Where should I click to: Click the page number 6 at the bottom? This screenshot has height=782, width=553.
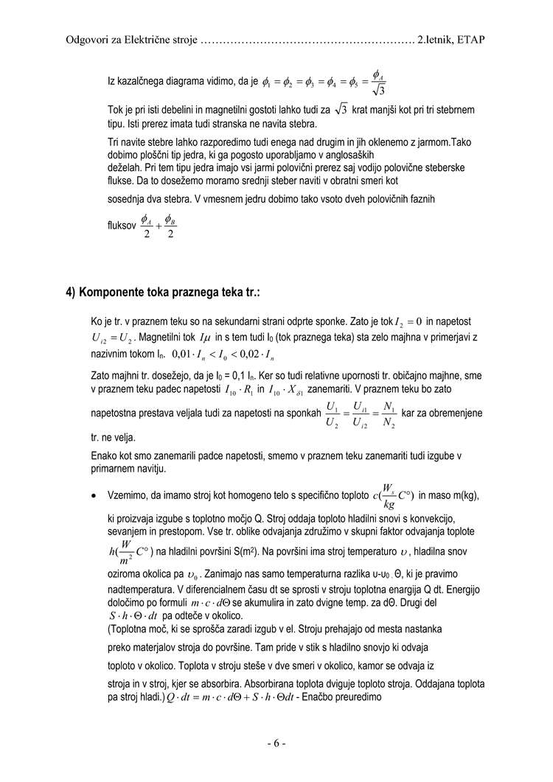point(276,744)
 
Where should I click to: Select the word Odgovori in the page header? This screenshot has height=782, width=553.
point(87,39)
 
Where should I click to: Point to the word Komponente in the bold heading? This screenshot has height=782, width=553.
point(119,292)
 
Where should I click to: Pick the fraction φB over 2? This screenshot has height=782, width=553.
point(170,227)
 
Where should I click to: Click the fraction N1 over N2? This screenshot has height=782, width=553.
point(389,414)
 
